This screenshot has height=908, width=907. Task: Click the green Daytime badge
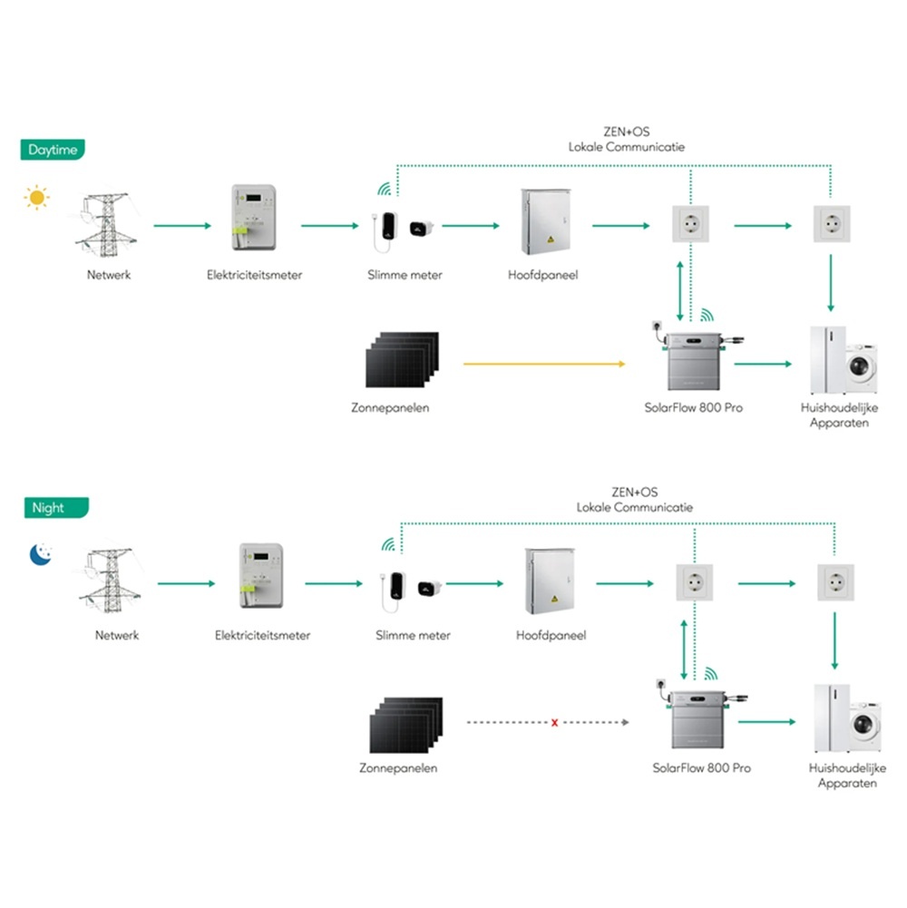[x=53, y=150]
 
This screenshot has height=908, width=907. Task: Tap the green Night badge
[x=49, y=508]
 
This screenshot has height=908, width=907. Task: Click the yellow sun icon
[x=36, y=197]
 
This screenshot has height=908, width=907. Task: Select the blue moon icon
[x=39, y=554]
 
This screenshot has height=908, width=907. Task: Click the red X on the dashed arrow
[x=554, y=723]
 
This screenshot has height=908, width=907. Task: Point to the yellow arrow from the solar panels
[x=544, y=365]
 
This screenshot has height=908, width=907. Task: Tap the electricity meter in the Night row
[x=262, y=578]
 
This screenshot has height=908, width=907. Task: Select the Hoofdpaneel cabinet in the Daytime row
[x=546, y=222]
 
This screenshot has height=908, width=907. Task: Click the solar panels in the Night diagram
[x=405, y=722]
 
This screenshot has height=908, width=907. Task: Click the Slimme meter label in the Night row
[x=413, y=636]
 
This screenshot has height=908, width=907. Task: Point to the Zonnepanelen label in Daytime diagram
[x=390, y=408]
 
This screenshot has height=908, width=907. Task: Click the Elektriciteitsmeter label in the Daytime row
[x=254, y=275]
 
